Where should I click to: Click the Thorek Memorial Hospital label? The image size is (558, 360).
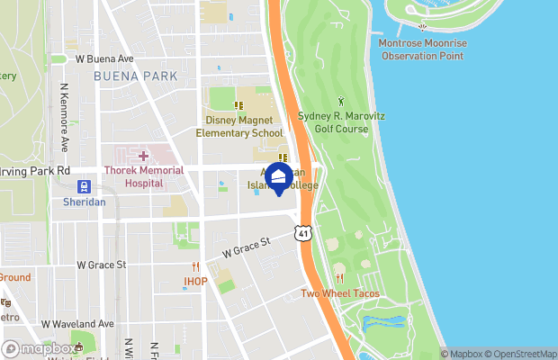tap(143, 176)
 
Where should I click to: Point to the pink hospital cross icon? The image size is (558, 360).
tap(143, 157)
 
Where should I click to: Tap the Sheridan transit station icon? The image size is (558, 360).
tap(84, 187)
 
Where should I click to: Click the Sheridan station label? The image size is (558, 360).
tap(84, 202)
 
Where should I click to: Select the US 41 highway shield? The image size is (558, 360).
tap(304, 234)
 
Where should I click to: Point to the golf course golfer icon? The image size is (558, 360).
tap(340, 101)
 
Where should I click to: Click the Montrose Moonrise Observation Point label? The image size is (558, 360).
tap(421, 49)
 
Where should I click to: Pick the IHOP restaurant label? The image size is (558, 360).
tap(195, 281)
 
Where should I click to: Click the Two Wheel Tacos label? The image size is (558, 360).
tap(339, 293)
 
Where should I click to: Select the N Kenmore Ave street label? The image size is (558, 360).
tap(64, 118)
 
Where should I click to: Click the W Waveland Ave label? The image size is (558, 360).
tap(77, 323)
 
